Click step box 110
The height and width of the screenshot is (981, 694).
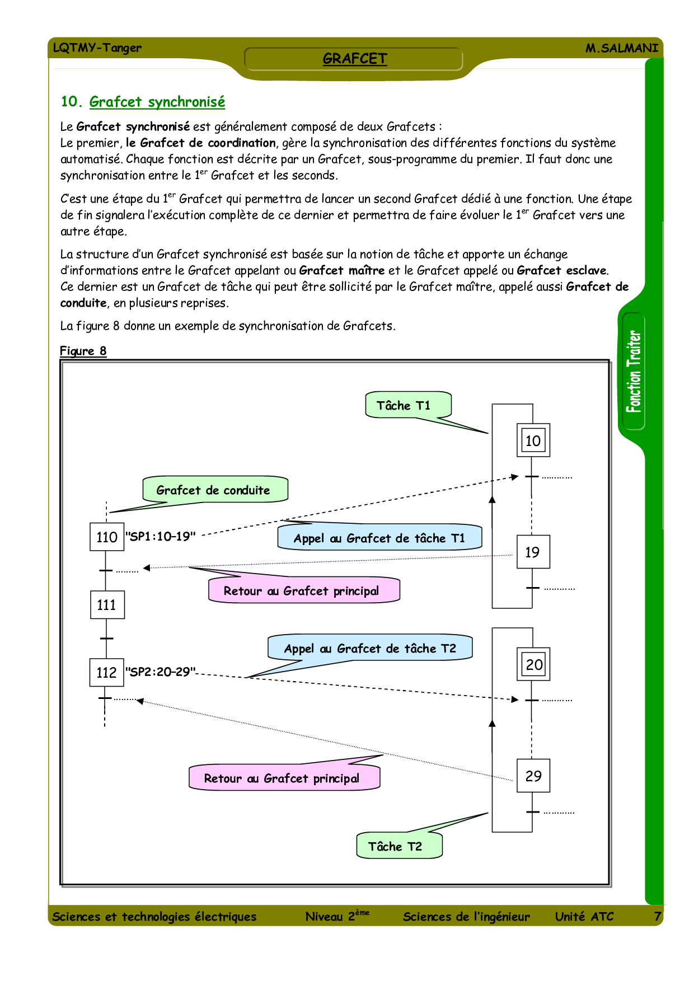tap(107, 537)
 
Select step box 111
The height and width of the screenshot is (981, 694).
tap(107, 605)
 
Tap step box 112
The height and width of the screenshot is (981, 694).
tap(106, 672)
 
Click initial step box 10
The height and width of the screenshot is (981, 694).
tap(533, 440)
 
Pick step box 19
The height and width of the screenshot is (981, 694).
tap(533, 552)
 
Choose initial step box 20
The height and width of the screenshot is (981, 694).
tap(533, 664)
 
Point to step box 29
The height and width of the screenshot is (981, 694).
tap(533, 776)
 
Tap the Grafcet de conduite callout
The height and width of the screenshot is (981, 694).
tap(215, 490)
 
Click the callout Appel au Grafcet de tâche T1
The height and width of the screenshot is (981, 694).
tap(379, 538)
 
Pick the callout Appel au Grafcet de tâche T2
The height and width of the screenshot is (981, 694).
tap(370, 648)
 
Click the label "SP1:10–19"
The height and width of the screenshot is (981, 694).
tap(161, 536)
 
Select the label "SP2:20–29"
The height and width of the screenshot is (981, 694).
tap(161, 672)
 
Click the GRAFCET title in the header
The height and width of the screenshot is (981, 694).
tap(354, 59)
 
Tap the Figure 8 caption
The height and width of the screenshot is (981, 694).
tap(83, 351)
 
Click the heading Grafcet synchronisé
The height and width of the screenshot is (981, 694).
tap(157, 102)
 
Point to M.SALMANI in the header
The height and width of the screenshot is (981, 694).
tap(621, 48)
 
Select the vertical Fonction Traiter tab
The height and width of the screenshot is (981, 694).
tap(634, 371)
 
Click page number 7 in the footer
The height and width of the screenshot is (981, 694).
tap(658, 916)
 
